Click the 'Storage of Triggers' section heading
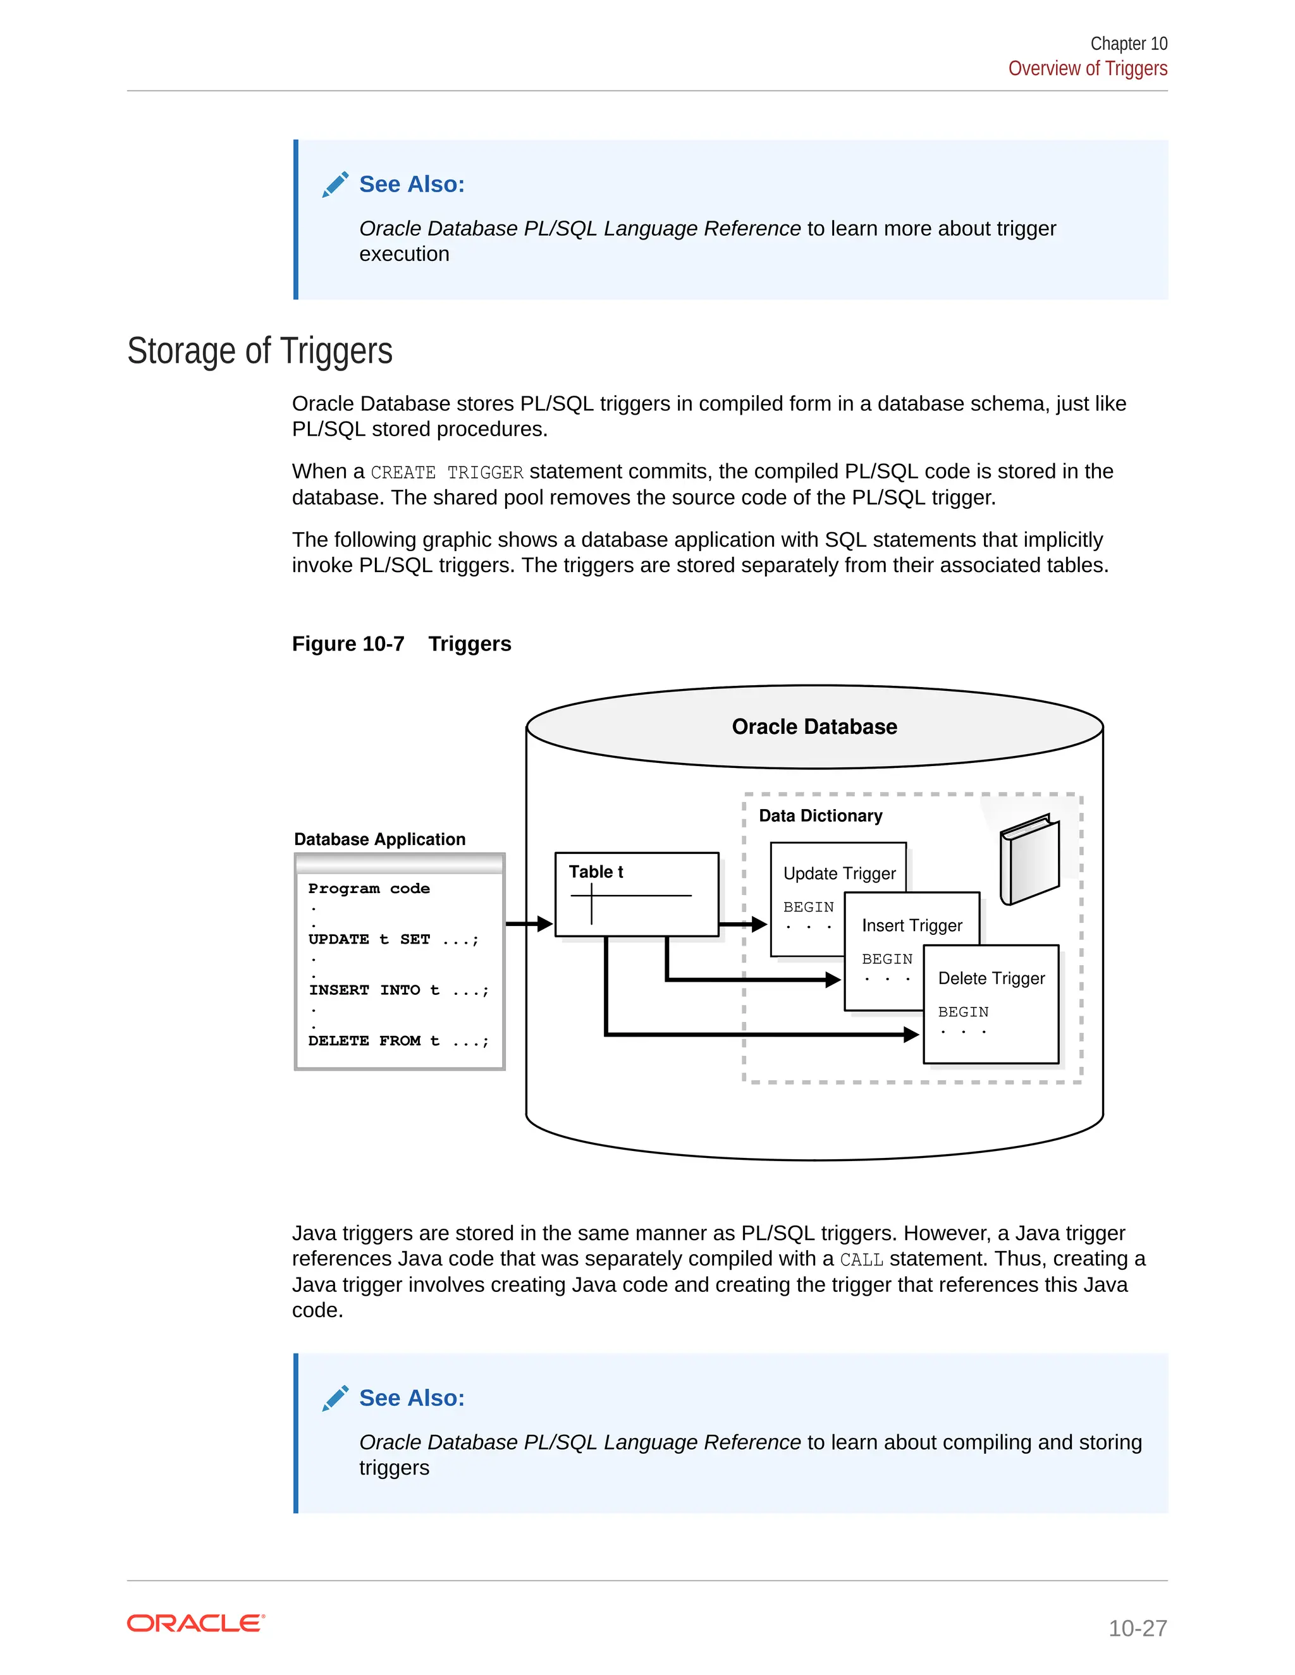tap(259, 351)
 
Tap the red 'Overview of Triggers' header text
tap(1087, 69)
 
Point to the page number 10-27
tap(1137, 1628)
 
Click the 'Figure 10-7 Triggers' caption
tap(402, 643)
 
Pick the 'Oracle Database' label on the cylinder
tap(814, 726)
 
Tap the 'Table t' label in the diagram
tap(595, 872)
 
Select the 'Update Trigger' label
tap(839, 874)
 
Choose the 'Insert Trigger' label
tap(911, 926)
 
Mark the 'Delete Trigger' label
tap(991, 978)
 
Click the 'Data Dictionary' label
tap(820, 816)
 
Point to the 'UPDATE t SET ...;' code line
tap(393, 939)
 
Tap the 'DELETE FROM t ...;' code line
tap(398, 1041)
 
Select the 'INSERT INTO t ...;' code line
tap(398, 990)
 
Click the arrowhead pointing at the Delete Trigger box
tap(911, 1035)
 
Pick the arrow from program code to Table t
tap(529, 923)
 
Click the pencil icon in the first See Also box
tap(335, 185)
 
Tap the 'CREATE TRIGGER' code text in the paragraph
tap(446, 472)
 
